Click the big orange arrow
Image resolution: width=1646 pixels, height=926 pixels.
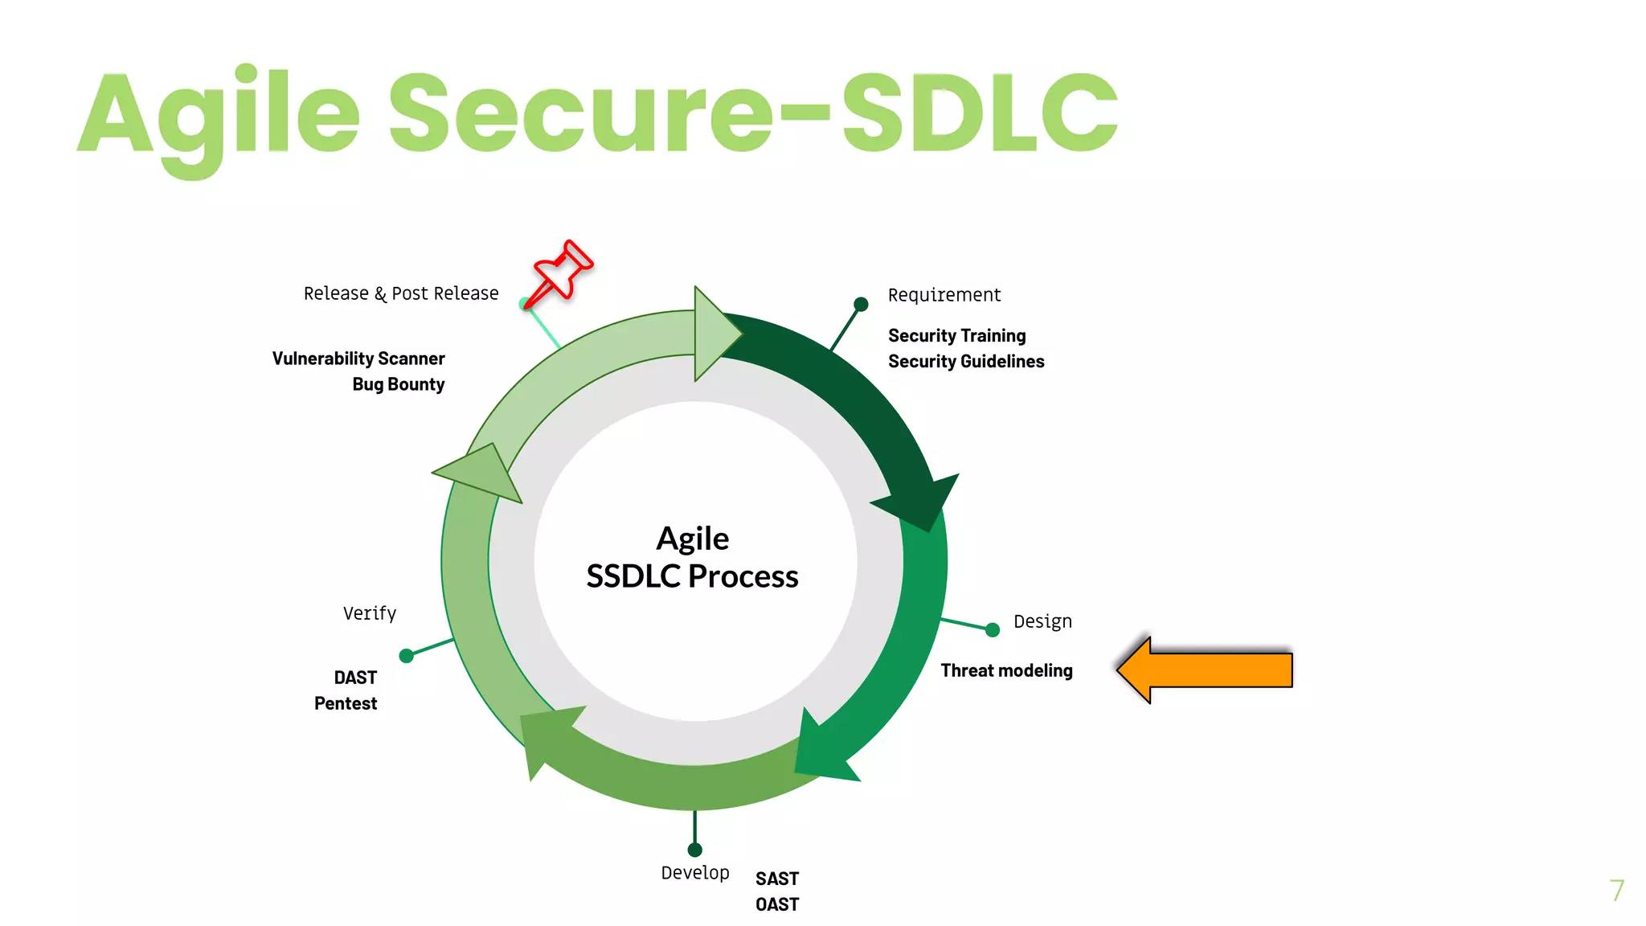click(1206, 670)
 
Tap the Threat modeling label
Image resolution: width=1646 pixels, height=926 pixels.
click(1006, 670)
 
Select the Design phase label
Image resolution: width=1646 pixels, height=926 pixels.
click(1042, 621)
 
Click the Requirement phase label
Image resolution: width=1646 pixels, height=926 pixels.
click(944, 295)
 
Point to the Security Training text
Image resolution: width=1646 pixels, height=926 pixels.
click(956, 335)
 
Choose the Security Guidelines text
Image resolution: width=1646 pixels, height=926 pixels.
click(966, 362)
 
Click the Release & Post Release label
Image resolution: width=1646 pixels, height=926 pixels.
click(400, 293)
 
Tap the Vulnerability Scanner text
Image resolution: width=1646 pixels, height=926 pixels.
click(358, 359)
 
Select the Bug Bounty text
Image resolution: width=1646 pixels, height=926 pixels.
click(398, 384)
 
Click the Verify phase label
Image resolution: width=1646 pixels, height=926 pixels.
click(369, 613)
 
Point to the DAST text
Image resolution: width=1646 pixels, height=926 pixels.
click(355, 678)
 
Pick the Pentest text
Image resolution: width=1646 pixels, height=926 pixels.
click(345, 703)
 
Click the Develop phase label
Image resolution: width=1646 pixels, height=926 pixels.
click(694, 873)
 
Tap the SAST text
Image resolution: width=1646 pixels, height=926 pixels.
click(776, 879)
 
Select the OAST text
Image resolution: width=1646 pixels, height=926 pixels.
click(776, 904)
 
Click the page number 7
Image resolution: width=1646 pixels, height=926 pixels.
click(1616, 890)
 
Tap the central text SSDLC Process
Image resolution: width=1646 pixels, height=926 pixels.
click(692, 576)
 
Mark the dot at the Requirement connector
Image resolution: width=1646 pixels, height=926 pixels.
click(861, 304)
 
